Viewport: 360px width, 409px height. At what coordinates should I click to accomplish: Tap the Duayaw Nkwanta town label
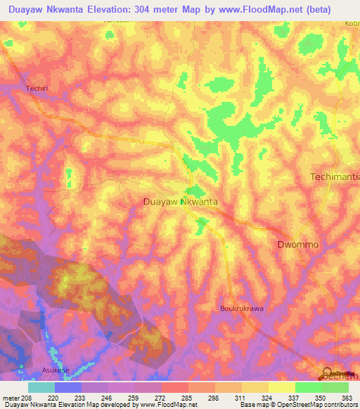[179, 202]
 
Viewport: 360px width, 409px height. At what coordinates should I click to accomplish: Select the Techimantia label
[334, 177]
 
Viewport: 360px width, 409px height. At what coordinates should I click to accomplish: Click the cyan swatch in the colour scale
[41, 387]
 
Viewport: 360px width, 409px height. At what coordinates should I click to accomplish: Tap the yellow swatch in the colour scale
[281, 387]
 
